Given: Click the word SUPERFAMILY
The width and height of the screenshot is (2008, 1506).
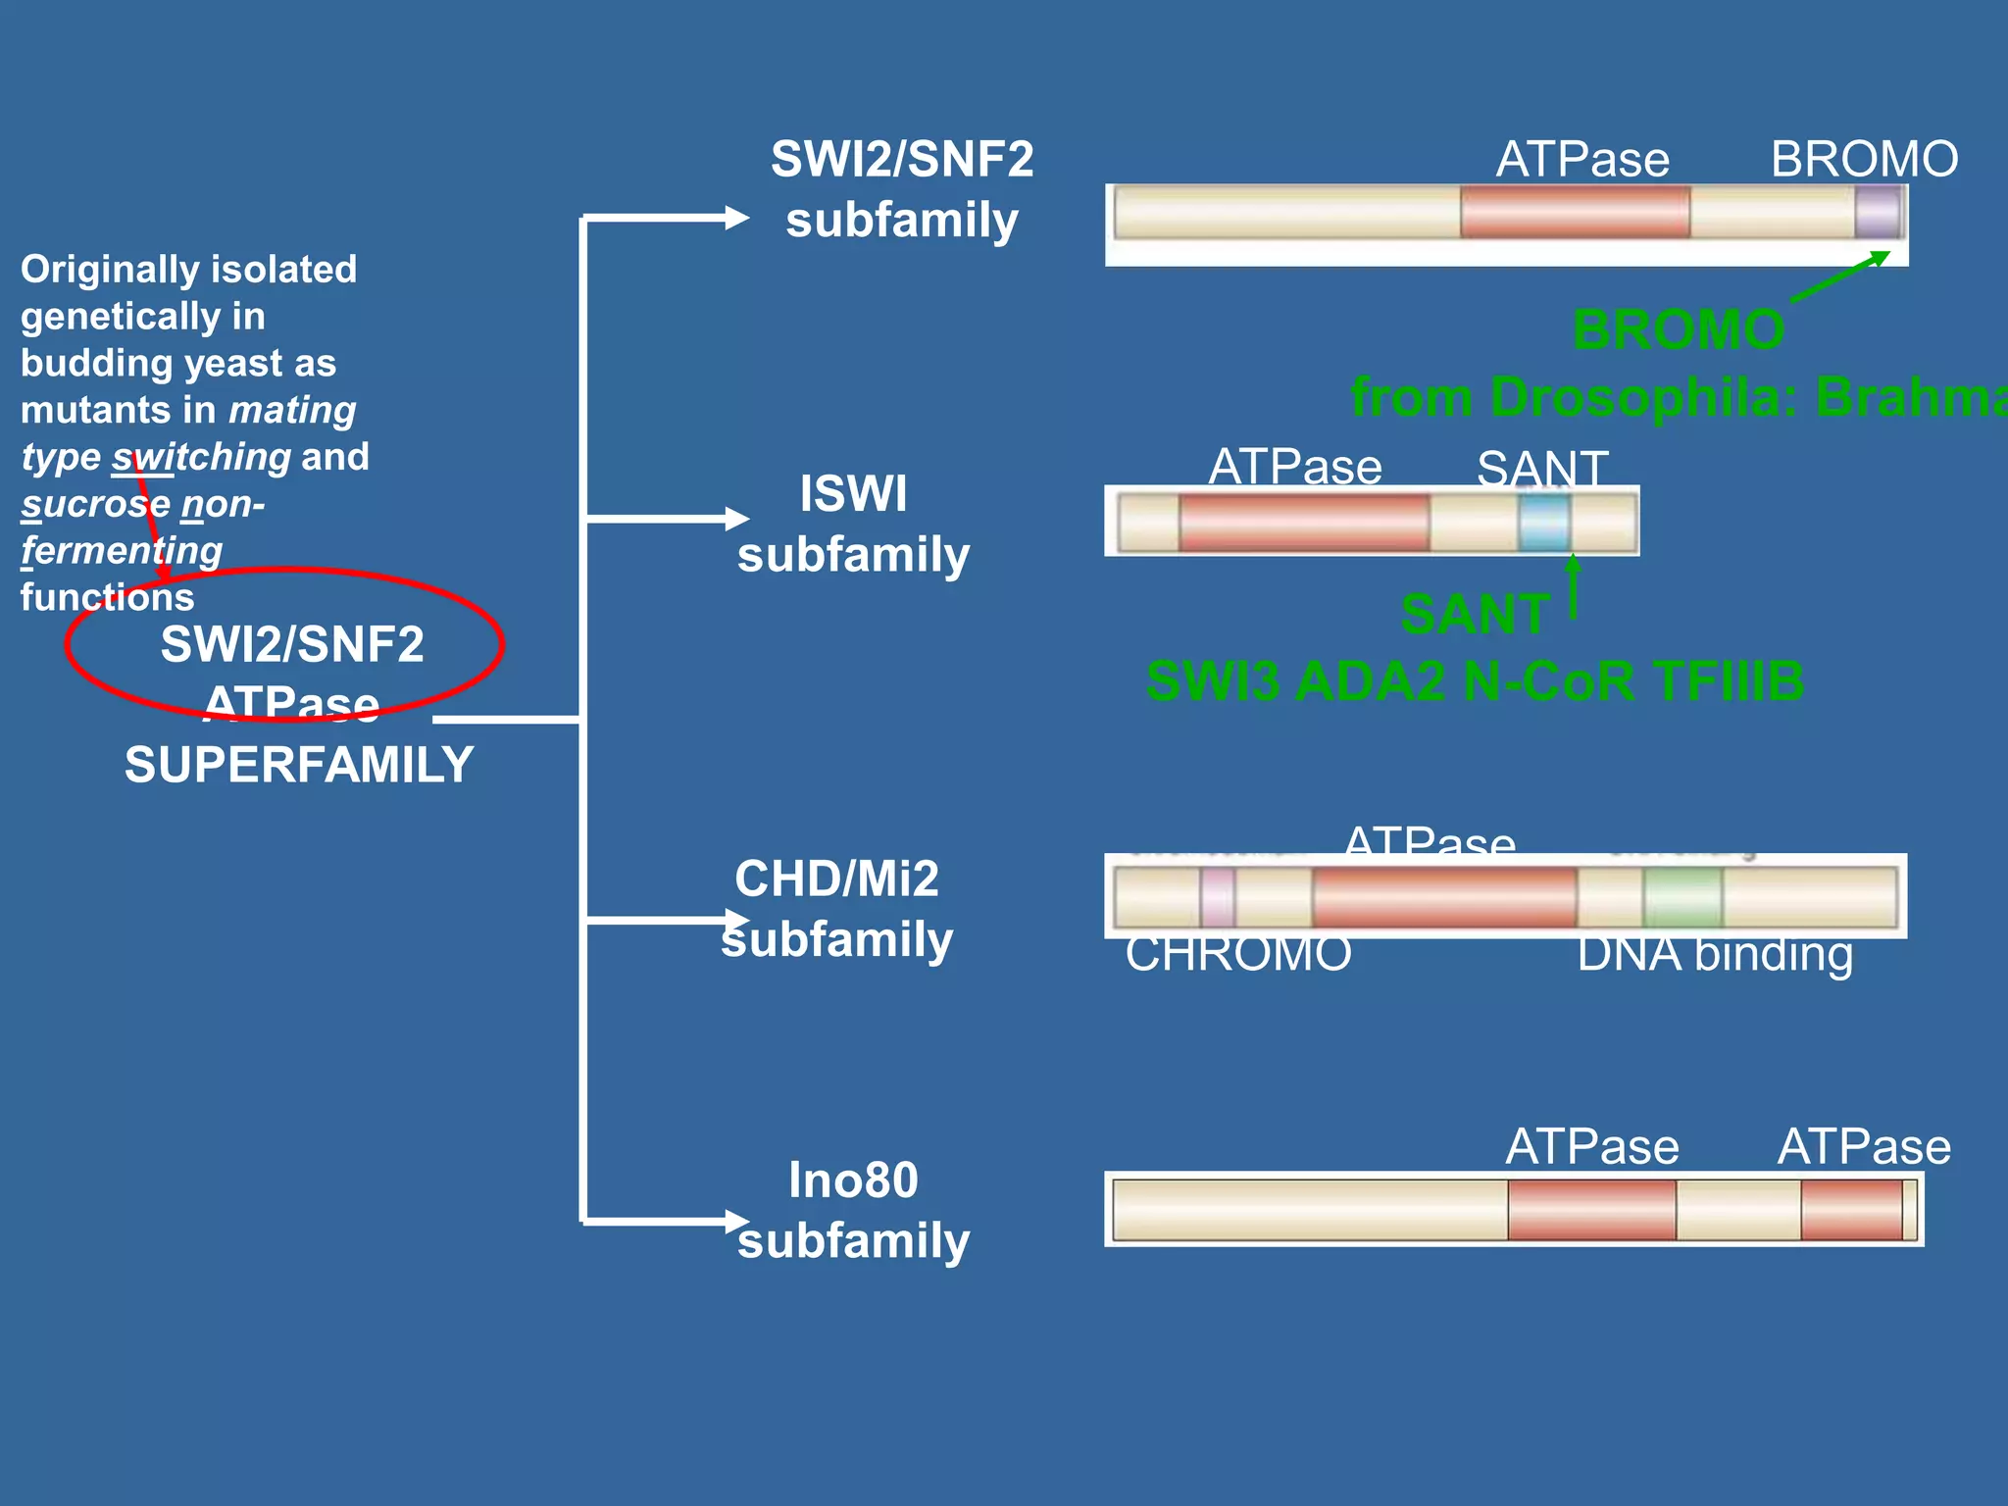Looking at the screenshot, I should click(299, 765).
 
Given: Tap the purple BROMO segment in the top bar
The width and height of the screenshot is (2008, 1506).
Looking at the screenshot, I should click(1878, 213).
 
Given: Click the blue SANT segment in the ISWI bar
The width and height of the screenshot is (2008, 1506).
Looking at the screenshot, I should click(1544, 523).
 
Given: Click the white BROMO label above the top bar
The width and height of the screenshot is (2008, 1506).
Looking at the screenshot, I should click(1864, 159).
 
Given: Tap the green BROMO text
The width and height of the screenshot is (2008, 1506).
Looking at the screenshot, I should click(1679, 329).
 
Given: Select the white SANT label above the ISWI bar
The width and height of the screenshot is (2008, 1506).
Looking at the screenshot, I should click(1542, 468).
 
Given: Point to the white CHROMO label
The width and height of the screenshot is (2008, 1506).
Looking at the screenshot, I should click(1238, 954).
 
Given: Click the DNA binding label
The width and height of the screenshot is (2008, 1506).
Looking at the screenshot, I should click(1715, 954).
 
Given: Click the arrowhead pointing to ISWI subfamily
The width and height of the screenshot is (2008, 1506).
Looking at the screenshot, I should click(736, 518).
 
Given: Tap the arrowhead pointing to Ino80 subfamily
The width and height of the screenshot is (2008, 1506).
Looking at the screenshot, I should click(736, 1221).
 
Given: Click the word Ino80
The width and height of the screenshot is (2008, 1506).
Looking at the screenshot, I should click(853, 1180).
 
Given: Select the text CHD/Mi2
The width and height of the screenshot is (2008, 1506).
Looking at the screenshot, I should click(836, 878).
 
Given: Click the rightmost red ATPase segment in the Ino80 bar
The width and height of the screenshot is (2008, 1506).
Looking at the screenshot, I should click(1851, 1210).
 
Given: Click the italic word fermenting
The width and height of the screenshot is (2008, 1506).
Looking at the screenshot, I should click(123, 550).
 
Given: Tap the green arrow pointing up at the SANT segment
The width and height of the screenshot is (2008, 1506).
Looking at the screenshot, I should click(1573, 584).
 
